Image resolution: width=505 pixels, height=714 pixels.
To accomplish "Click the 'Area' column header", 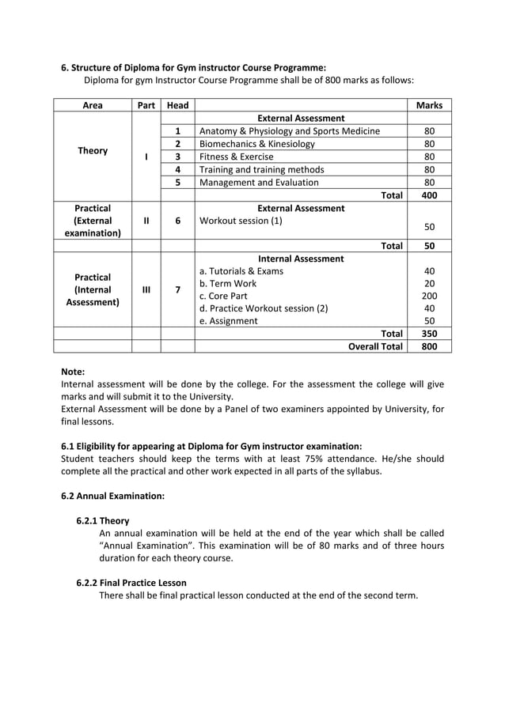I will coord(92,105).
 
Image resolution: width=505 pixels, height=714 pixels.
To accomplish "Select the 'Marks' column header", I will coord(429,105).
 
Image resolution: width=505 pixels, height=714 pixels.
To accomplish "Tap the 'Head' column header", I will coord(177,105).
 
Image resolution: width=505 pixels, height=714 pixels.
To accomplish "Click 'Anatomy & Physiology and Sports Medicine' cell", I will coord(289,131).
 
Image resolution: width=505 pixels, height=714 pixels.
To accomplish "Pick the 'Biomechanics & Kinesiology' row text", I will coord(256,144).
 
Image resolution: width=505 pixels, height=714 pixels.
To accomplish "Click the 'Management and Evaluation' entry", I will coord(259,182).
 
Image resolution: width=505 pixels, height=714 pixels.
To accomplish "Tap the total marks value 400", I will coord(429,195).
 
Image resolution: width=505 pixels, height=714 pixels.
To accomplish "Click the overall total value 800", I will coord(429,346).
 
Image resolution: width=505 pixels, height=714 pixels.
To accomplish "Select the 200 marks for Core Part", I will coord(429,296).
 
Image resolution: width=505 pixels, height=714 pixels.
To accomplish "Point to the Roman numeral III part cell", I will coord(146,290).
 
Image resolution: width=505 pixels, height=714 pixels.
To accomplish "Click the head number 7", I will coord(177,290).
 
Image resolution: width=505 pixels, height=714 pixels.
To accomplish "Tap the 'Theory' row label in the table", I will coord(92,150).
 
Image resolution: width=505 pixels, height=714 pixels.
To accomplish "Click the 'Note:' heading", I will coord(73,371).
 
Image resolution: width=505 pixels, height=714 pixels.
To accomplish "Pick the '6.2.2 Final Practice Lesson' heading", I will coord(131,583).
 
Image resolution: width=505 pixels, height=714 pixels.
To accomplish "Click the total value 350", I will coord(429,334).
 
